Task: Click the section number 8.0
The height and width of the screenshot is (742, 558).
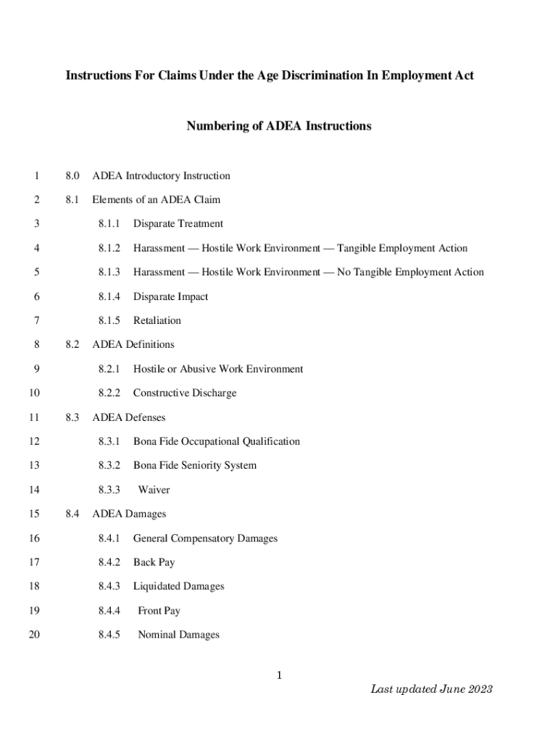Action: [x=72, y=176]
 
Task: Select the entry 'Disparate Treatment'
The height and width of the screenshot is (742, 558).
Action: [x=178, y=224]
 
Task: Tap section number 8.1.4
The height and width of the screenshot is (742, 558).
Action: [x=109, y=296]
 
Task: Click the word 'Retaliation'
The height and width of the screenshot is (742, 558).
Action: [x=157, y=320]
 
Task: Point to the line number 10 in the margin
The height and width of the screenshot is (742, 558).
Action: [x=33, y=393]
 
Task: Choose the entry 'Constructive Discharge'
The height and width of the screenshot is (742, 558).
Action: [x=184, y=393]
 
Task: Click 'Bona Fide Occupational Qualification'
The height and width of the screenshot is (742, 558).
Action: [x=216, y=441]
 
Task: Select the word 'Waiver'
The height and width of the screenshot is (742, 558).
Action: [x=154, y=490]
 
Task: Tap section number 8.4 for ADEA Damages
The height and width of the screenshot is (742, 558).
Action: [x=72, y=514]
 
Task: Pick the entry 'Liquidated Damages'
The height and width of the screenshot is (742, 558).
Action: [x=178, y=586]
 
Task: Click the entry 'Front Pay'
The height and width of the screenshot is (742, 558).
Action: [x=159, y=611]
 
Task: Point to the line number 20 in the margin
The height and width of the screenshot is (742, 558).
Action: [x=33, y=635]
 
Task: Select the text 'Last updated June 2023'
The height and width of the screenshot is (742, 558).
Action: [x=431, y=689]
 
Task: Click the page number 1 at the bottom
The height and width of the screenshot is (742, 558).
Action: [x=278, y=676]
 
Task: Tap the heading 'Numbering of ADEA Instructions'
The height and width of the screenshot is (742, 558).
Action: [x=279, y=126]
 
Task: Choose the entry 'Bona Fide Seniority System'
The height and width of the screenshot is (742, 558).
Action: [x=194, y=465]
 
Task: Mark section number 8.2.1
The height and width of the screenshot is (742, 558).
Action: [x=109, y=369]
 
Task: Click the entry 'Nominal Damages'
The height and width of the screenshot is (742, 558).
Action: [x=178, y=635]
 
